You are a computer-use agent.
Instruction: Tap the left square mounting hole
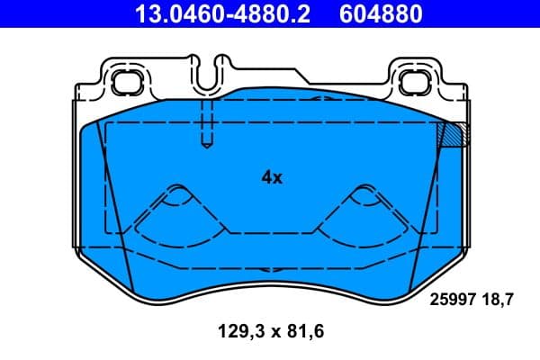click(122, 82)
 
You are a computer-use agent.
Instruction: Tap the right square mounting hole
click(416, 82)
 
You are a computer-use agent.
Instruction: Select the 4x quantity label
click(272, 178)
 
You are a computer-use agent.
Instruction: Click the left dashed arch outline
click(178, 211)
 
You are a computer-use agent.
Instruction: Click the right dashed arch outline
click(364, 211)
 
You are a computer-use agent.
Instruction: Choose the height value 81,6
click(302, 331)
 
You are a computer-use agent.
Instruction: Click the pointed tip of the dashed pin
click(206, 143)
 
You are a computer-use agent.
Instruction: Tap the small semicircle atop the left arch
click(178, 190)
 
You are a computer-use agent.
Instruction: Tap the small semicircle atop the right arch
click(364, 190)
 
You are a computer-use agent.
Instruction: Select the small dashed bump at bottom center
click(271, 270)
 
